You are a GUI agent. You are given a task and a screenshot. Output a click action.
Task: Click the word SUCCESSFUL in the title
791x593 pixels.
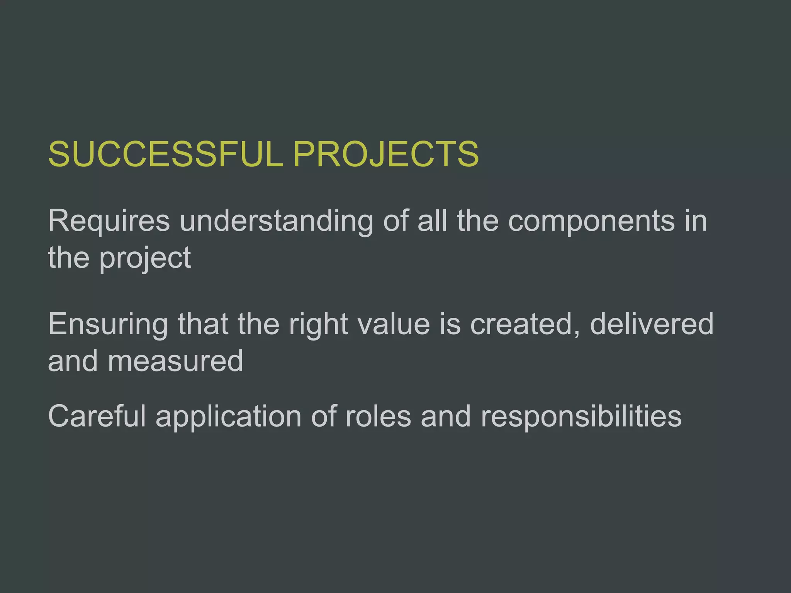click(165, 154)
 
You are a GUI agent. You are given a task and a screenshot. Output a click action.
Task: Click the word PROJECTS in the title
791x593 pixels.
click(385, 154)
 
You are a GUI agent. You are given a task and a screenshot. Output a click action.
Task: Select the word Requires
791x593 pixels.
click(109, 221)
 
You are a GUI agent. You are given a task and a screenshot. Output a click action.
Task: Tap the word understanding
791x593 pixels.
click(276, 221)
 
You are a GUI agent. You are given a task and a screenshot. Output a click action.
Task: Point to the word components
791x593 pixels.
click(591, 221)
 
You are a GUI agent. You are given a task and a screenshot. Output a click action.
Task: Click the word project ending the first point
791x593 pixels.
click(145, 258)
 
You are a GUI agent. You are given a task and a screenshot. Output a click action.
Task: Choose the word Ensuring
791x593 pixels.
click(108, 324)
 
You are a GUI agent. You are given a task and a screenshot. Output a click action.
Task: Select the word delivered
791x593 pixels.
click(652, 324)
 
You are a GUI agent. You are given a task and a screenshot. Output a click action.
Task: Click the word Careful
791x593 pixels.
click(97, 417)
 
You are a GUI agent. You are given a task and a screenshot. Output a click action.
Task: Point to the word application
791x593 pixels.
click(228, 417)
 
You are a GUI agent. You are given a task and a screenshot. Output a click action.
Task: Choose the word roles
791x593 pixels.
click(378, 417)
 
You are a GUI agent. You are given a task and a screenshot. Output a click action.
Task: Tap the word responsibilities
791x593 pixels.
click(581, 417)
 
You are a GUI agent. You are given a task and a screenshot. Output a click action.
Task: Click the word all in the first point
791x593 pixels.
click(432, 221)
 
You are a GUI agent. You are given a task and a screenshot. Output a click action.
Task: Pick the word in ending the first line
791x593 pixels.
click(696, 221)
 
